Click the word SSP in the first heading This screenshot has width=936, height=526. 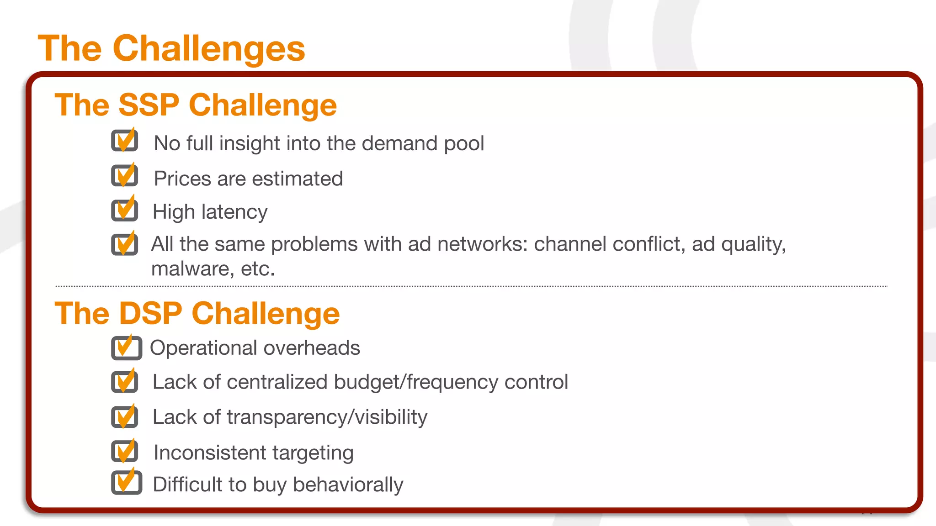pos(149,105)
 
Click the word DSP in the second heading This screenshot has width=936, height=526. pos(150,314)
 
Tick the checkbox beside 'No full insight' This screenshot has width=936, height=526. pos(124,141)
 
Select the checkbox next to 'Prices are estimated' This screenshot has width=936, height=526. pos(124,176)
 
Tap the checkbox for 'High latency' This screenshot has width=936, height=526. pos(124,210)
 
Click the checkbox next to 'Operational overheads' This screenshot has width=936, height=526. pos(126,348)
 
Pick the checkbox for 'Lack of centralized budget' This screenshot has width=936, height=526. pos(124,382)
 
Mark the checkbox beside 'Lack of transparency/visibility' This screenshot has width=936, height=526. pos(124,416)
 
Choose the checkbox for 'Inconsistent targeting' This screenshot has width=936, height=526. pos(124,451)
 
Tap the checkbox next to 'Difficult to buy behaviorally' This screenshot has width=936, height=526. pos(126,483)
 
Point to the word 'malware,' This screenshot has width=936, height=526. pos(189,269)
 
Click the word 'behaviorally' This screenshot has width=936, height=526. pos(348,485)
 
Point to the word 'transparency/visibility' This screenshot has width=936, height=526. pos(327,417)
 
